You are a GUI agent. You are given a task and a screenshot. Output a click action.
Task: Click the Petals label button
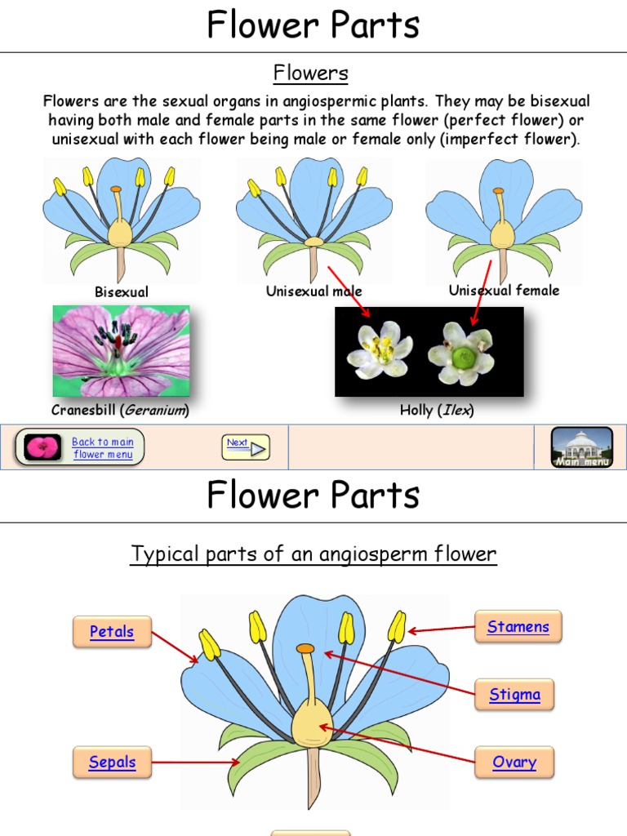tap(112, 632)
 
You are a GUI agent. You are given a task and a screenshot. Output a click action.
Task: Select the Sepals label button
tap(112, 763)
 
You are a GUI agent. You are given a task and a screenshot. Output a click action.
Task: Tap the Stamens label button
tap(518, 627)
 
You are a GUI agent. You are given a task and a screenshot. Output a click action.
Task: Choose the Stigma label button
tap(514, 696)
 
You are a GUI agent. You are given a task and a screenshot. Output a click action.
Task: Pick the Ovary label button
tap(514, 763)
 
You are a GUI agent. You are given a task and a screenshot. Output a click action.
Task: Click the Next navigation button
tap(246, 447)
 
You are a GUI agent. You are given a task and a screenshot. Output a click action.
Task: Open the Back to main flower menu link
tap(103, 448)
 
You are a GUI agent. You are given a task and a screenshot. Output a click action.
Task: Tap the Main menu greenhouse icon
tap(582, 447)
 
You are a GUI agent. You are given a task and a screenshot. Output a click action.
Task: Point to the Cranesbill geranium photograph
tap(121, 351)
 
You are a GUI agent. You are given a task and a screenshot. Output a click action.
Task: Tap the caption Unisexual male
tap(314, 291)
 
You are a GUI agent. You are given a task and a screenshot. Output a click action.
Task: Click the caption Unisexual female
tap(504, 291)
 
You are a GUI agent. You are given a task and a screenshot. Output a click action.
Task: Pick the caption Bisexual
tap(122, 291)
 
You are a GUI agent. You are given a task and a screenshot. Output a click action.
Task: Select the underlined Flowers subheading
tap(311, 73)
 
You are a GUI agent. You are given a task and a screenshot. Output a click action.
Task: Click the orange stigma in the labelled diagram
tap(305, 648)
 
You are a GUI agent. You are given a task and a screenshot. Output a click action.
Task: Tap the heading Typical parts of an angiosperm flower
tap(313, 554)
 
